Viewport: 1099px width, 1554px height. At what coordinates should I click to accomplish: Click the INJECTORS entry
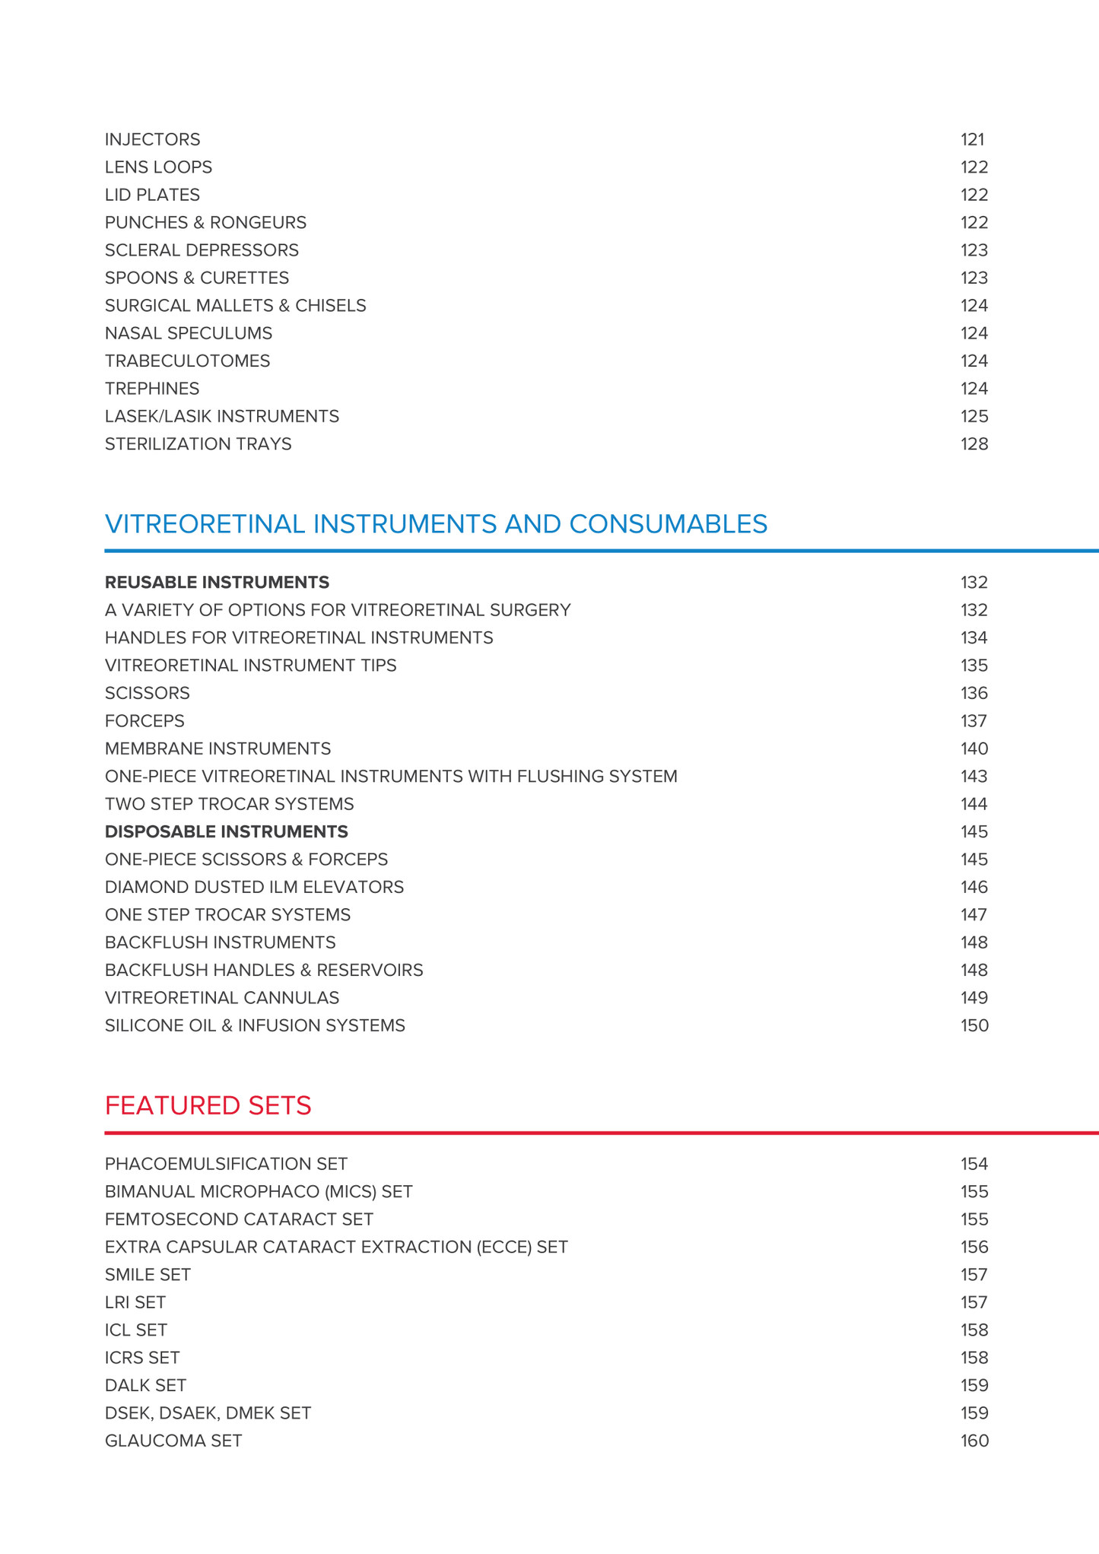tap(152, 139)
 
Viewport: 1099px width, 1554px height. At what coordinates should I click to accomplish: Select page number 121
tap(972, 139)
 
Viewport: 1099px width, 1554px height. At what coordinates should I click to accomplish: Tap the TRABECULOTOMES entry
tap(187, 361)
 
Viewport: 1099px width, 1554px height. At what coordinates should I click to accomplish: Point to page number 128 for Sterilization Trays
tap(974, 443)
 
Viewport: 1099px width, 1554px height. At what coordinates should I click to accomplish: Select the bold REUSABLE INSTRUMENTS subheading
tap(217, 582)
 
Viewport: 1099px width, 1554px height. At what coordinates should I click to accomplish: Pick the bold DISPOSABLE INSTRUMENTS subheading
tap(226, 831)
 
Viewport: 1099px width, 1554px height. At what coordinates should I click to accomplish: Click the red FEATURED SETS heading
tap(208, 1105)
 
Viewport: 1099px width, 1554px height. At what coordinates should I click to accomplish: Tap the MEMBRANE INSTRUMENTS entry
tap(218, 748)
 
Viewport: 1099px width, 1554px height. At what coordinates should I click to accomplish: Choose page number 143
tap(974, 776)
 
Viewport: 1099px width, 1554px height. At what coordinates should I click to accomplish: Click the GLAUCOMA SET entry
tap(173, 1441)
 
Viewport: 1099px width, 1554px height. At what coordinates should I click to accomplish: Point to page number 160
tap(974, 1441)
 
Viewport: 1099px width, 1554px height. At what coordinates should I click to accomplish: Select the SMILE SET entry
tap(148, 1274)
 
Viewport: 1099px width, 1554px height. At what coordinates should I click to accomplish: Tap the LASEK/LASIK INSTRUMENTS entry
tap(221, 416)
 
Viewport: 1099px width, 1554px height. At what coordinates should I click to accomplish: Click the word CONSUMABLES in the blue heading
tap(668, 524)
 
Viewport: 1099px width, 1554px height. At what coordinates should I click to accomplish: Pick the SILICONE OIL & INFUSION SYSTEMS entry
tap(255, 1025)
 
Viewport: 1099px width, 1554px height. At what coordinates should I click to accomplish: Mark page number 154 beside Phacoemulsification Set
tap(974, 1164)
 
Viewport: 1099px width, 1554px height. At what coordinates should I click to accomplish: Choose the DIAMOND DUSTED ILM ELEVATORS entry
tap(254, 887)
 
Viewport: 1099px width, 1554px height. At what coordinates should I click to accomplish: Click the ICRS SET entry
tap(142, 1358)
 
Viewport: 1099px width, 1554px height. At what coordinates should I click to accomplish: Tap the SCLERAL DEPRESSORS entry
tap(202, 250)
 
